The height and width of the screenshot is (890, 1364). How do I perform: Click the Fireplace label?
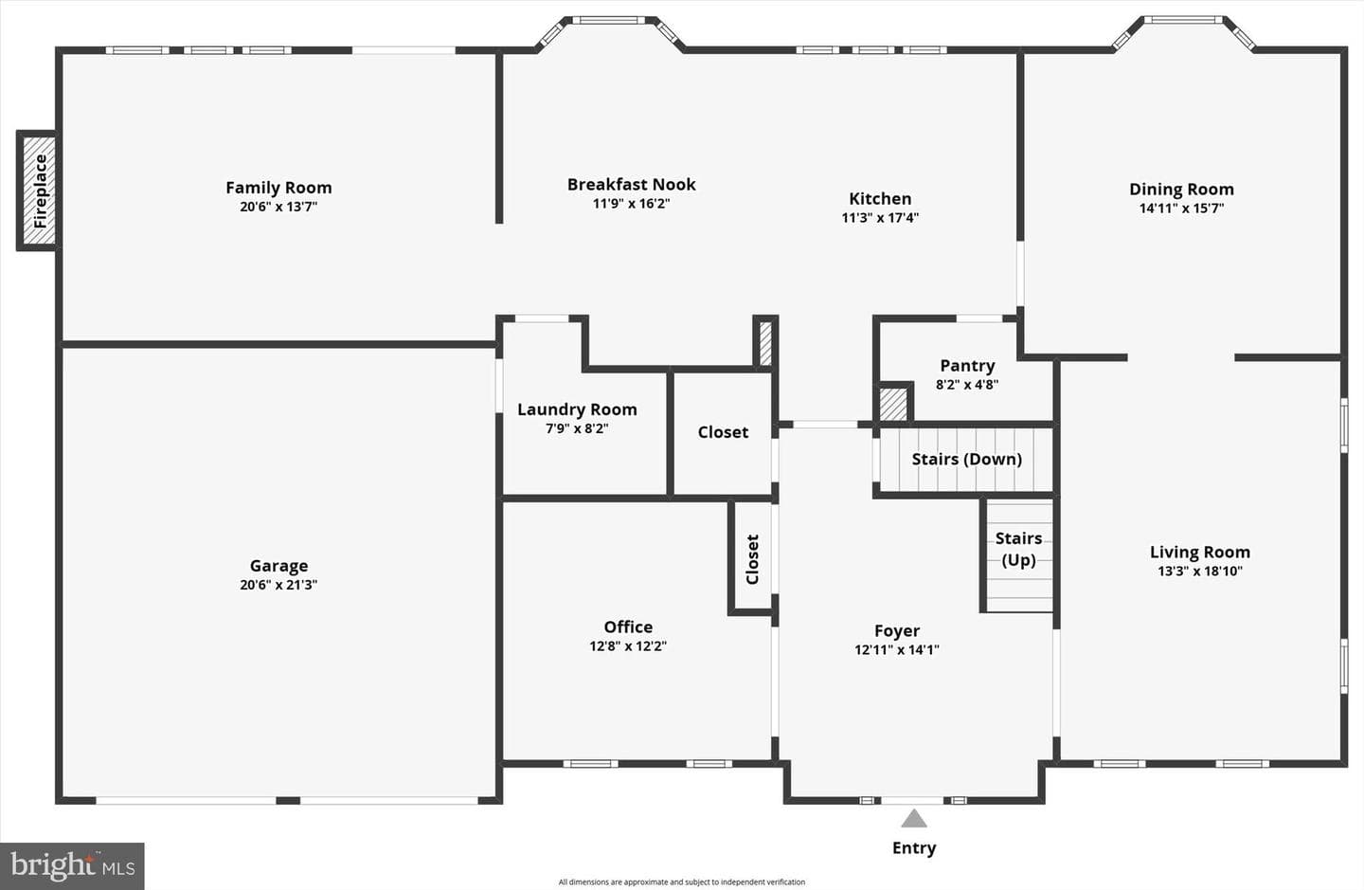click(x=40, y=191)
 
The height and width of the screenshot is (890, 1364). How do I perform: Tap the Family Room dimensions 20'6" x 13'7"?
click(x=278, y=207)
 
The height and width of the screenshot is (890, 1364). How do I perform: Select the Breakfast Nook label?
click(x=632, y=184)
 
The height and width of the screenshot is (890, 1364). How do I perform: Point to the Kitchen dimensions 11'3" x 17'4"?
click(x=880, y=217)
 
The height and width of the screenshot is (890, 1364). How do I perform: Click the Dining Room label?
click(x=1182, y=190)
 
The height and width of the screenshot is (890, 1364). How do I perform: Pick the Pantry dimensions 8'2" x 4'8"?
click(x=967, y=385)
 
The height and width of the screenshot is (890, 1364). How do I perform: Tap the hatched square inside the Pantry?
click(x=893, y=404)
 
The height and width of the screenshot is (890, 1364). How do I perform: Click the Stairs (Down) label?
click(x=967, y=459)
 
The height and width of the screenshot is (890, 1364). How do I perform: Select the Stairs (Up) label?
click(x=1019, y=549)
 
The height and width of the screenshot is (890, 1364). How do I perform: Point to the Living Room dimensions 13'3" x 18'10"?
click(x=1200, y=571)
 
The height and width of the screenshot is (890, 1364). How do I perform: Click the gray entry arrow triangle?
click(x=914, y=818)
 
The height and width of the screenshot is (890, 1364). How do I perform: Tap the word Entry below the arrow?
click(x=914, y=848)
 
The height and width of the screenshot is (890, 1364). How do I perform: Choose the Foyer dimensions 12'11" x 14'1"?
click(x=897, y=649)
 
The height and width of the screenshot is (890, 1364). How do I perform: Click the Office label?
click(x=628, y=627)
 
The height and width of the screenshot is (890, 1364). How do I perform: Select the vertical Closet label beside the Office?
click(x=753, y=559)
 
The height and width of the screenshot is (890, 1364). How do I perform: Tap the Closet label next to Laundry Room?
click(x=723, y=432)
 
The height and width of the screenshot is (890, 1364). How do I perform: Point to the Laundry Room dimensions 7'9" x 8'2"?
click(x=577, y=428)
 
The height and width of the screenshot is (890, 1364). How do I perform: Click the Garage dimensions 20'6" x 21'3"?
click(x=278, y=585)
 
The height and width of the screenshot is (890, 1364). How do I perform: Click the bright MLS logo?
click(x=72, y=866)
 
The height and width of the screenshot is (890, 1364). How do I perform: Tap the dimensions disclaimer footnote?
click(x=682, y=882)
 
